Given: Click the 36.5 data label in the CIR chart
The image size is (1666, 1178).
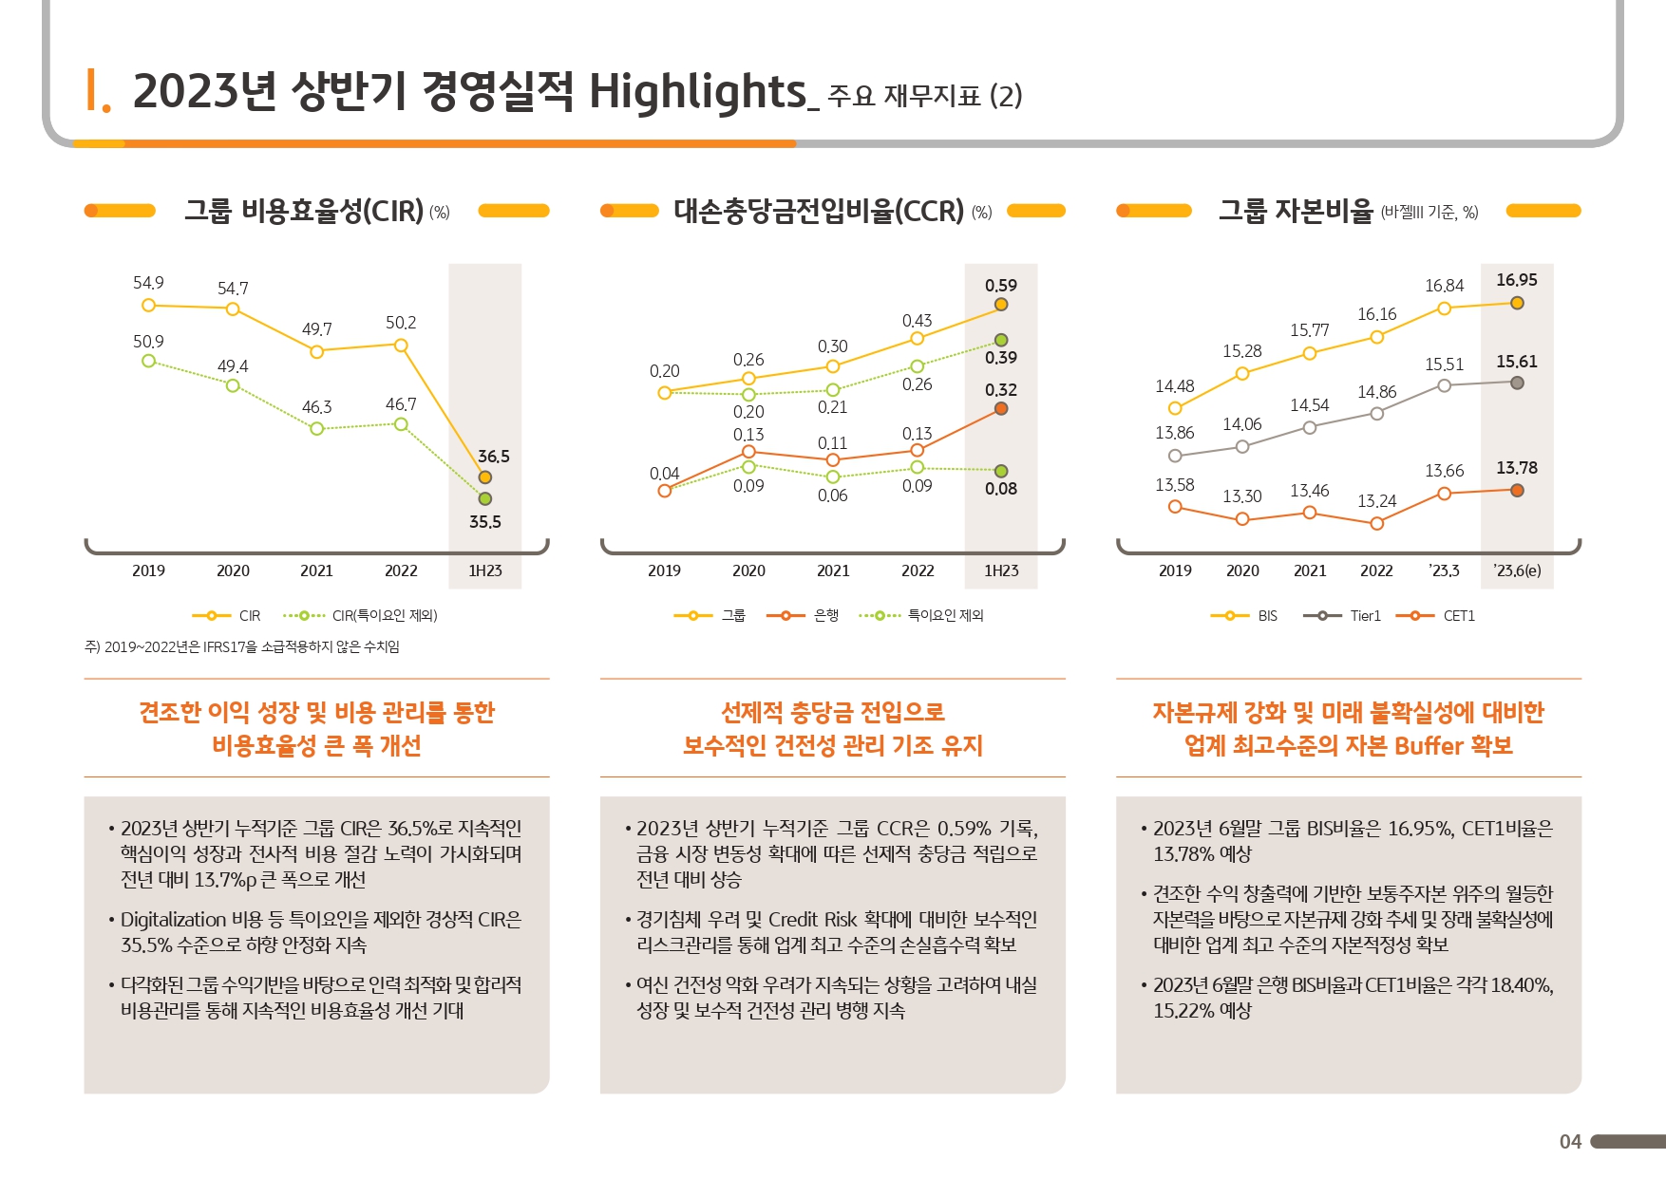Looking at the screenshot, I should coord(493,457).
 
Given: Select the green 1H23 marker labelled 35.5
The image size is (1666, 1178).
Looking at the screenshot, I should coord(485,498).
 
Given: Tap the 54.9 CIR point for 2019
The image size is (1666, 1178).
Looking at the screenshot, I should coord(148,305).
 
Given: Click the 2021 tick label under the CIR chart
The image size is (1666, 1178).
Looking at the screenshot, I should coord(316,570).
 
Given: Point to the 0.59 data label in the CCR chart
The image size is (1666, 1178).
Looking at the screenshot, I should coord(1001,286).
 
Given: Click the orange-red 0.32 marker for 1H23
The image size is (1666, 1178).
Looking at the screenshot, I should coord(1001,409).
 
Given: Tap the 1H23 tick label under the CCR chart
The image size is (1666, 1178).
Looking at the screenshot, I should coord(1001,570).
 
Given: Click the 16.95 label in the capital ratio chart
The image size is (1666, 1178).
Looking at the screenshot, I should coord(1516,280).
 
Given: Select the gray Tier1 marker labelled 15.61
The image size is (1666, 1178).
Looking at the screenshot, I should coord(1517,383).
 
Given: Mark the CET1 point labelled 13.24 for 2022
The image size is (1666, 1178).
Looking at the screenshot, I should coord(1377,523).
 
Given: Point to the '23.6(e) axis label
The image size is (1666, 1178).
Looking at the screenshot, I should coord(1517,570).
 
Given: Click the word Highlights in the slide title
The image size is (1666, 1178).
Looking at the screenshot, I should coord(697,92).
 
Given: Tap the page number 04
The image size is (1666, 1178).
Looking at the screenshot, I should coord(1570,1142).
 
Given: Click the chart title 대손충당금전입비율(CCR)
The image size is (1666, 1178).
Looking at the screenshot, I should coord(818,211).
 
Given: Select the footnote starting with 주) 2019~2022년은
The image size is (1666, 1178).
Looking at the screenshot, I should coord(242,647).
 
